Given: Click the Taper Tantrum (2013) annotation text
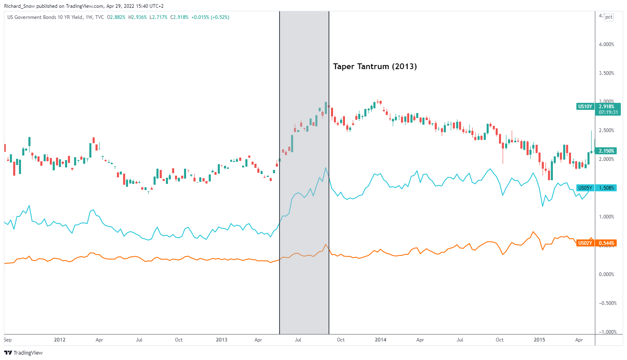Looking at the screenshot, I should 375,67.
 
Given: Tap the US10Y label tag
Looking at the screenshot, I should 585,107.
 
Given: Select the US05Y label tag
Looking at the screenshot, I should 585,188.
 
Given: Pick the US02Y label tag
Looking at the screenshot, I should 585,243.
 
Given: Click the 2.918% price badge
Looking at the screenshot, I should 607,107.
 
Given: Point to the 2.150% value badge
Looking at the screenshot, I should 606,151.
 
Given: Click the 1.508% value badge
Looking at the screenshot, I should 606,188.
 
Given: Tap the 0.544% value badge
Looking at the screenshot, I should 606,243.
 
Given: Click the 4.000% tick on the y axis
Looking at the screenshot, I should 606,44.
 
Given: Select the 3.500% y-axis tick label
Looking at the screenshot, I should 606,73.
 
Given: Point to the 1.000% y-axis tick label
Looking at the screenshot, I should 606,217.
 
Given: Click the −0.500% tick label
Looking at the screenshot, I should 606,303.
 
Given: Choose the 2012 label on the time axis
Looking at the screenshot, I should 60,340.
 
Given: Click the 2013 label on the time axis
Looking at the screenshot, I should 221,340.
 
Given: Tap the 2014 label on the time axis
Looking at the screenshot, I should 380,340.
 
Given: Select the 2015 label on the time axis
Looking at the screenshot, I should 539,340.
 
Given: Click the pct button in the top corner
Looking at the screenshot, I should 609,17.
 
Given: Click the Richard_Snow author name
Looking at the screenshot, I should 19,6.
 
